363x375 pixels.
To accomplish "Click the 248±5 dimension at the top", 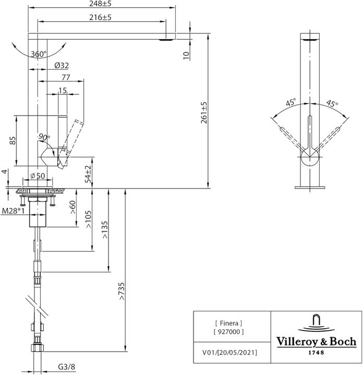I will coord(101,4).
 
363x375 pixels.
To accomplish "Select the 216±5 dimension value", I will coord(101,17).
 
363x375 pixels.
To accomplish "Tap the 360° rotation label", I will coord(38,54).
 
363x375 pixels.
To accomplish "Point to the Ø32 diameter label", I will coord(62,66).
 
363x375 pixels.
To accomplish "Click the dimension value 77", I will coord(66,77).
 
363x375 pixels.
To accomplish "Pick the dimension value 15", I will coord(63,91).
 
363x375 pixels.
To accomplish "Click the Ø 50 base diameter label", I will coord(37,176).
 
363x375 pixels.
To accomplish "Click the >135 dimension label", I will coord(105,230).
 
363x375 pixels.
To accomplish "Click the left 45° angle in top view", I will coord(290,103).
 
